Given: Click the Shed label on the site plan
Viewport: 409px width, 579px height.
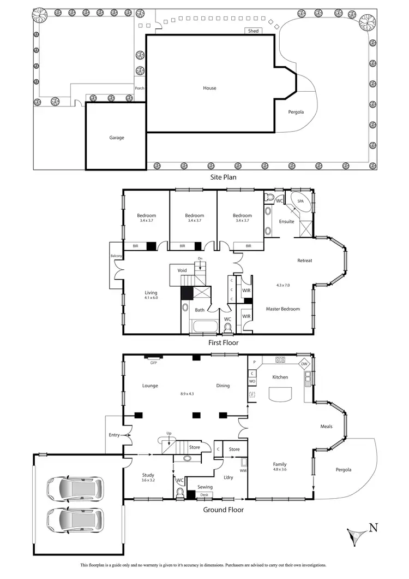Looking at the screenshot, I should tap(253, 31).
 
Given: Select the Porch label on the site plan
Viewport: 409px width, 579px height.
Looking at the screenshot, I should tap(140, 88).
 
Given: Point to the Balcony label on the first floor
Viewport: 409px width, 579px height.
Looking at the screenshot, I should tap(116, 256).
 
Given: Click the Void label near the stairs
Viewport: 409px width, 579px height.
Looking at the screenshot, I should tap(182, 270).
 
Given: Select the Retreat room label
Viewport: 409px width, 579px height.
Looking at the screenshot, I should tap(304, 261).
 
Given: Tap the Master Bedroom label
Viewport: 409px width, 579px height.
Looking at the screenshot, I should tap(282, 309).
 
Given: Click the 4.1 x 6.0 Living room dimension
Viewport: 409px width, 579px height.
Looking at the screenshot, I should tap(151, 298).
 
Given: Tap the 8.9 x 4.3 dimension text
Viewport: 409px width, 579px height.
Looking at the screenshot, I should tap(187, 393).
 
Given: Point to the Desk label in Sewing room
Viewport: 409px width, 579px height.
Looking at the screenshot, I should tap(204, 495).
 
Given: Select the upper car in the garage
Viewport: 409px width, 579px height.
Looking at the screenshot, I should tap(75, 488).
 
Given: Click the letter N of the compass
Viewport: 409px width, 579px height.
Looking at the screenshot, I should tap(374, 528).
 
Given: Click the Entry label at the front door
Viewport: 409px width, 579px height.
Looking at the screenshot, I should tap(113, 435).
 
